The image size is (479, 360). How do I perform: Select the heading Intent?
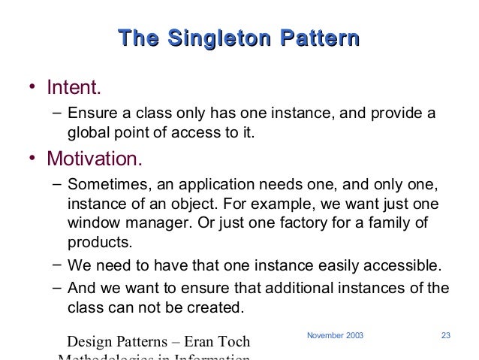pos(73,89)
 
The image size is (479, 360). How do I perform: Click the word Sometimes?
pos(103,185)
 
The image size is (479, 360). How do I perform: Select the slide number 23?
pos(444,333)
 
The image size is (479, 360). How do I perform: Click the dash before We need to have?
pos(58,264)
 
